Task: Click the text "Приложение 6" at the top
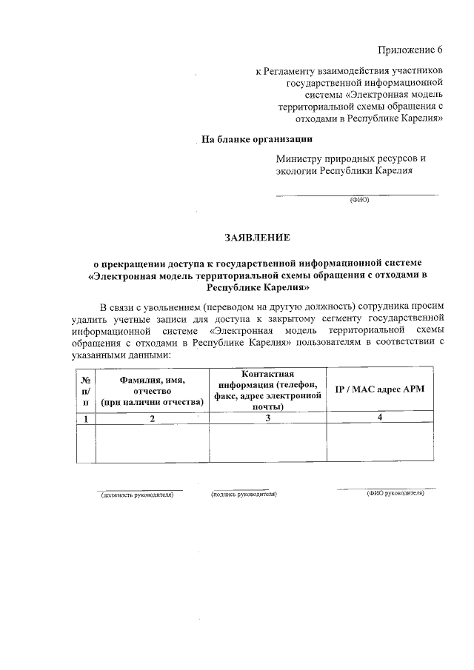[410, 50]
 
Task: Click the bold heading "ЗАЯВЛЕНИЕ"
[258, 238]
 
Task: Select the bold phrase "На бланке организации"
[257, 138]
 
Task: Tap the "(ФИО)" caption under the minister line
[358, 200]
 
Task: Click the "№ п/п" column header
[86, 390]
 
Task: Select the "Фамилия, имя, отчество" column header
[153, 390]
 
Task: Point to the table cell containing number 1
[86, 419]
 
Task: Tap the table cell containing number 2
[153, 419]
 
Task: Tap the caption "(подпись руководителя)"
[244, 493]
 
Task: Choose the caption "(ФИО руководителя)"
[395, 493]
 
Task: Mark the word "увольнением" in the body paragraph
[171, 306]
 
